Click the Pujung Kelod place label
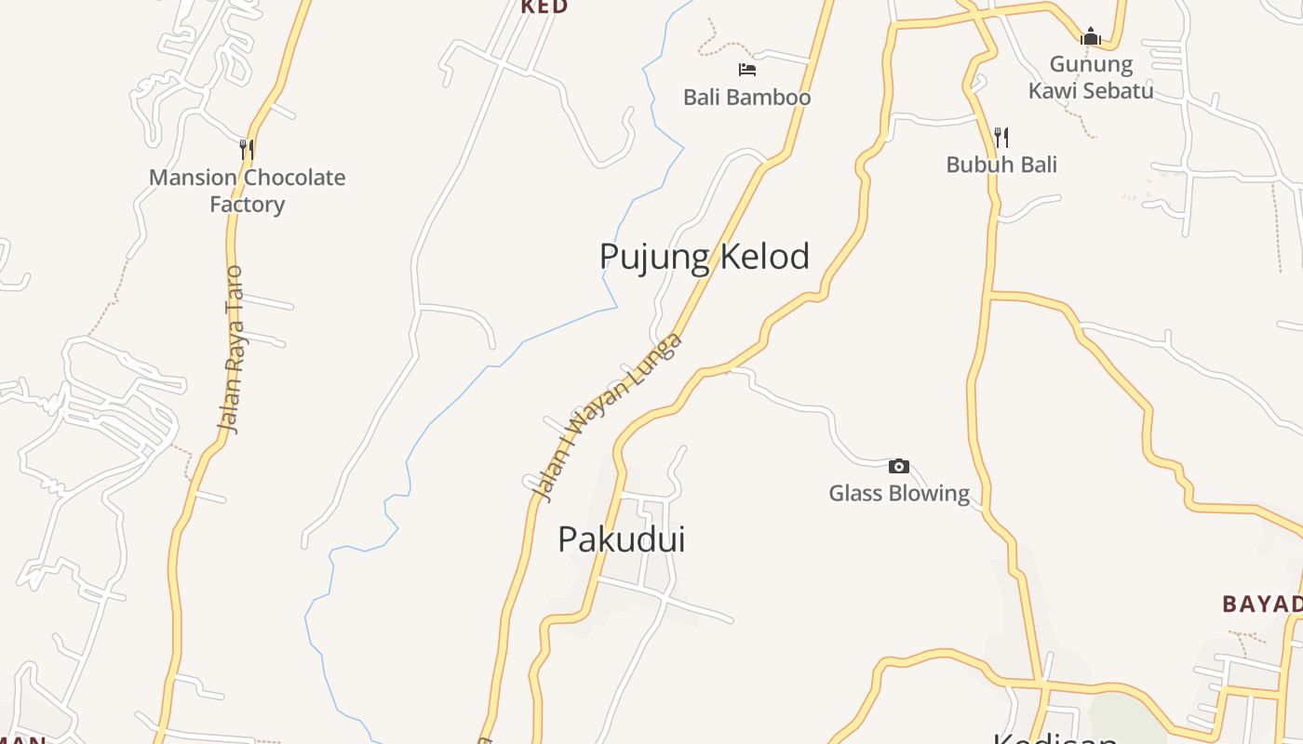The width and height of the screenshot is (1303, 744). pos(704,257)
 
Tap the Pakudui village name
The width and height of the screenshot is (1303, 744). pos(621,539)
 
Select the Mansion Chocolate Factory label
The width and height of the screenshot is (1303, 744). pos(247,191)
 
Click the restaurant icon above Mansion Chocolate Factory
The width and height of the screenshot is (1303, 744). pos(247,149)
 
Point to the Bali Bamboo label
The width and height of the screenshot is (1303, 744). pos(746,97)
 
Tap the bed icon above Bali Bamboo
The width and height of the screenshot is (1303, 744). pos(746,69)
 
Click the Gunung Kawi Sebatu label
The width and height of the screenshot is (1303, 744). pos(1091,77)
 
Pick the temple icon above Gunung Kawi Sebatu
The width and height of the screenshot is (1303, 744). pos(1091,37)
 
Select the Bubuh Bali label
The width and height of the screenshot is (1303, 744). pos(1001,165)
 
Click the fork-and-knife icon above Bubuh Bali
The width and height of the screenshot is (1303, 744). pos(1001,138)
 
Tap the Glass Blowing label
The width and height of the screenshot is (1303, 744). pos(899,493)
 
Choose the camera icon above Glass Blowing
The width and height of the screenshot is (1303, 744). pos(899,466)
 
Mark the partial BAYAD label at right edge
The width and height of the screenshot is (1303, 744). pos(1263,604)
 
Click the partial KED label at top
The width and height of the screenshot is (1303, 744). pos(544,7)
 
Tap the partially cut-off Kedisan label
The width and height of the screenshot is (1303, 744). pos(1054,738)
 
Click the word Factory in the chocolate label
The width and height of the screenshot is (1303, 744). pos(247,205)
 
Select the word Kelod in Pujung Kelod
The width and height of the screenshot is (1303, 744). pos(764,257)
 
